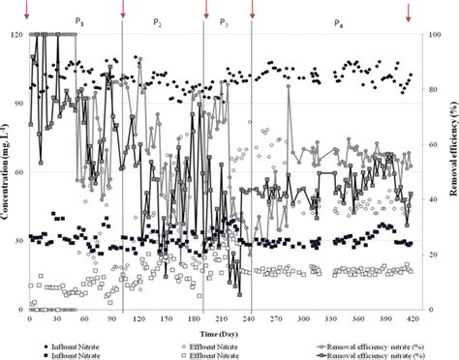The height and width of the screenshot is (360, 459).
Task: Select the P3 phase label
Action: click(225, 20)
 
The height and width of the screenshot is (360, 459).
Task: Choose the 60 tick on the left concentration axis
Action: click(17, 172)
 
